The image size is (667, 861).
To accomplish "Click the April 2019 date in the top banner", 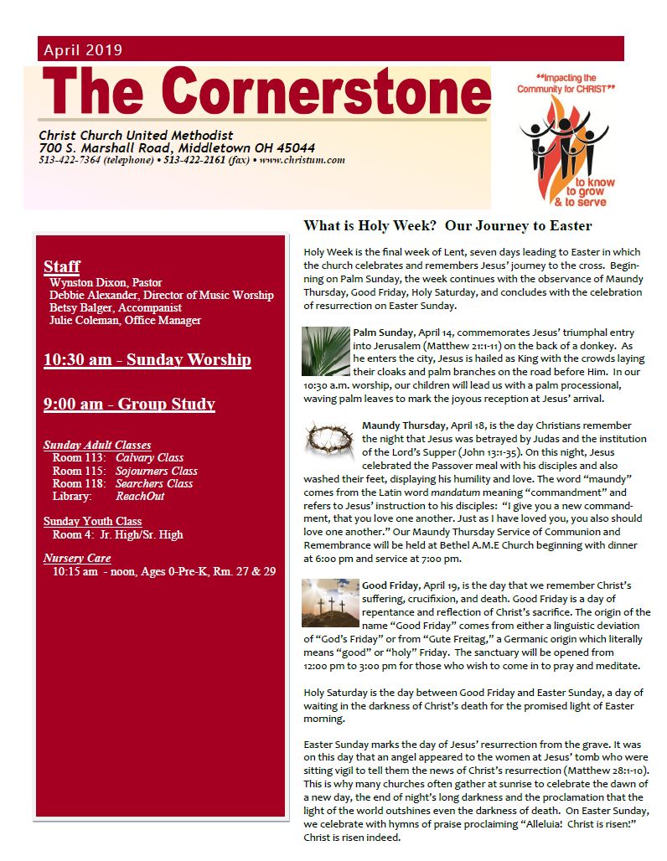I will tap(83, 49).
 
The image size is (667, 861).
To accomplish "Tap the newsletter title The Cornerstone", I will tap(265, 94).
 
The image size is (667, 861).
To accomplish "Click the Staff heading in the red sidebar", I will tap(61, 266).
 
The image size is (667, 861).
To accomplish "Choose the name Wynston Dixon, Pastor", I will tap(106, 282).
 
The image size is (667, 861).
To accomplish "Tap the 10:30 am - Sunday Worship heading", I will tap(147, 360).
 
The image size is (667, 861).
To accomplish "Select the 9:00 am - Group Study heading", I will tap(129, 405).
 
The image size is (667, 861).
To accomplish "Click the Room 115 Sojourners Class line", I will tap(125, 471).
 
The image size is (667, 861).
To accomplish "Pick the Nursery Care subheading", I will tap(77, 558).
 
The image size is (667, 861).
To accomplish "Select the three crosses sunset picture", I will tap(330, 601).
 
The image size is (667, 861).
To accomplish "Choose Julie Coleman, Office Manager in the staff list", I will tap(125, 320).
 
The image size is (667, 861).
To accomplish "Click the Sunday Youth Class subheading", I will tap(92, 521).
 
